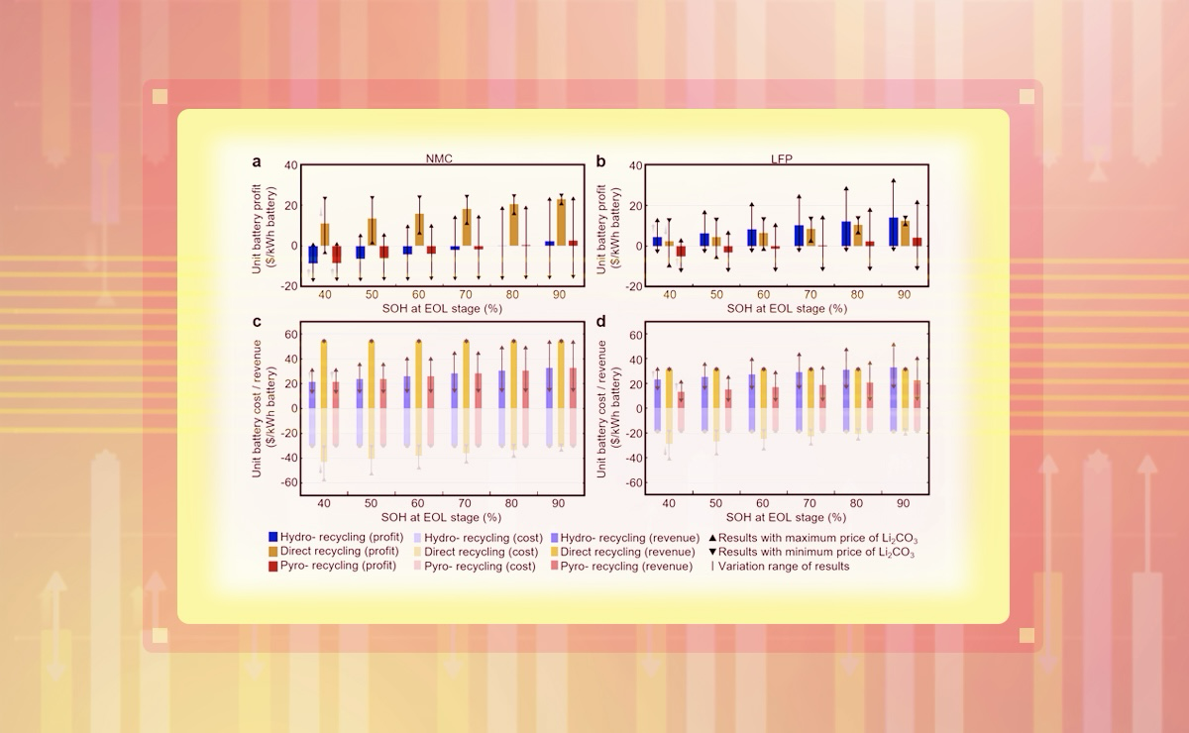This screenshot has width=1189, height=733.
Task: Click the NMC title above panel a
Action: point(434,157)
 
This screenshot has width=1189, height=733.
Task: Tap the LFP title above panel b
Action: point(783,157)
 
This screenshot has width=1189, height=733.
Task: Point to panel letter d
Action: point(601,322)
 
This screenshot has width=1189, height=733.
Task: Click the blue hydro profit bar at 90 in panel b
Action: point(894,231)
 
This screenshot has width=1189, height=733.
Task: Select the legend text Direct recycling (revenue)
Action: point(630,552)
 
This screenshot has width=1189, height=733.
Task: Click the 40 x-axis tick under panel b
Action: point(670,295)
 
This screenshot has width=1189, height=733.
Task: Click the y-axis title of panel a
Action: point(260,223)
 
